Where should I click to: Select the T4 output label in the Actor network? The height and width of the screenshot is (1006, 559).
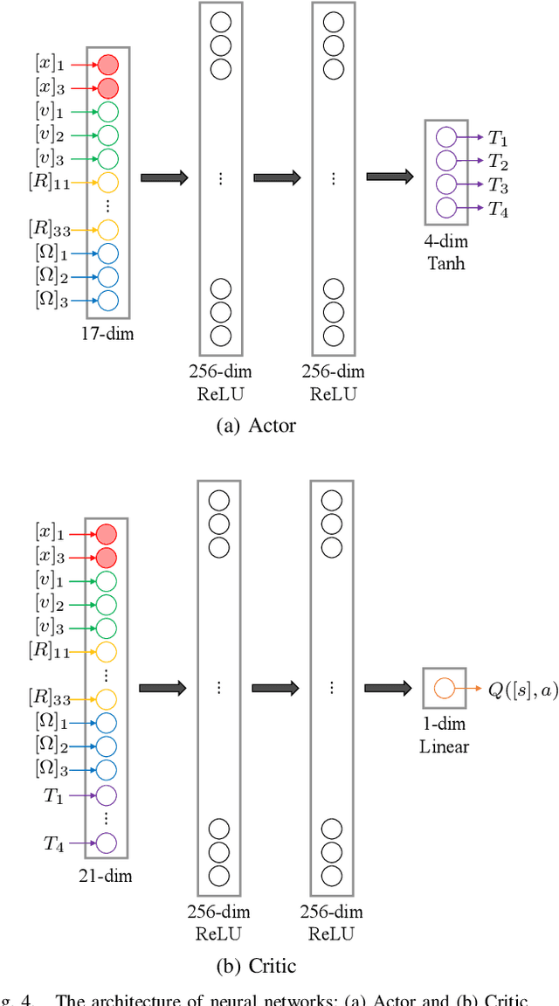[498, 208]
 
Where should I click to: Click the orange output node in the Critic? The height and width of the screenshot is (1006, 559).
[444, 689]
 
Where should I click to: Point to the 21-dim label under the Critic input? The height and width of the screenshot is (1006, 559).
[107, 875]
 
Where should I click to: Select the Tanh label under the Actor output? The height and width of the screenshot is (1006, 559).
[445, 261]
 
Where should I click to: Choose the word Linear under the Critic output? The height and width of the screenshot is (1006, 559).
[445, 746]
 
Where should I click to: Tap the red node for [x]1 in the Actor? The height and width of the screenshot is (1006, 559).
[107, 64]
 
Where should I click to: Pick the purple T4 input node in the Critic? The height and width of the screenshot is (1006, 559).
[107, 843]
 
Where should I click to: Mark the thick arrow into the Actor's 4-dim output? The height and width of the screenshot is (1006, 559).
[390, 177]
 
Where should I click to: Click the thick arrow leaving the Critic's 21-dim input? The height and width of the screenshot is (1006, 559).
[163, 688]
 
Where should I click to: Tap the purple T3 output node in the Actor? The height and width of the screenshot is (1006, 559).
[445, 184]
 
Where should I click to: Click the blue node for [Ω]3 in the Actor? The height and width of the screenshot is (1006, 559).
[107, 301]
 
